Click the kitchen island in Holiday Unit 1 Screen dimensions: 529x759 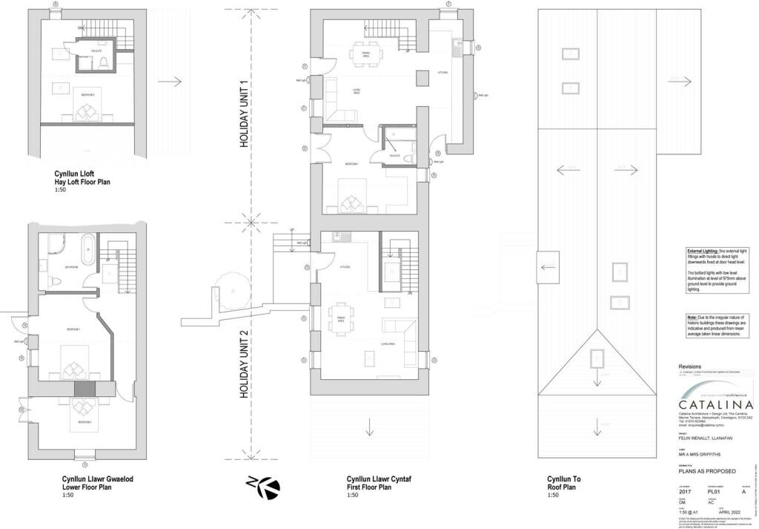[x=422, y=77]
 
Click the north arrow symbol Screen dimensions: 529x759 [x=265, y=487]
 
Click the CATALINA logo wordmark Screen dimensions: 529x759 [x=716, y=404]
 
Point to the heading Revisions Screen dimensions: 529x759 [x=689, y=367]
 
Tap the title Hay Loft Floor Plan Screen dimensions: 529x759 [x=82, y=181]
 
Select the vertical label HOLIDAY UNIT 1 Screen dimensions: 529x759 [x=243, y=115]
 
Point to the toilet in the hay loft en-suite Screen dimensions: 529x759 [x=105, y=62]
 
